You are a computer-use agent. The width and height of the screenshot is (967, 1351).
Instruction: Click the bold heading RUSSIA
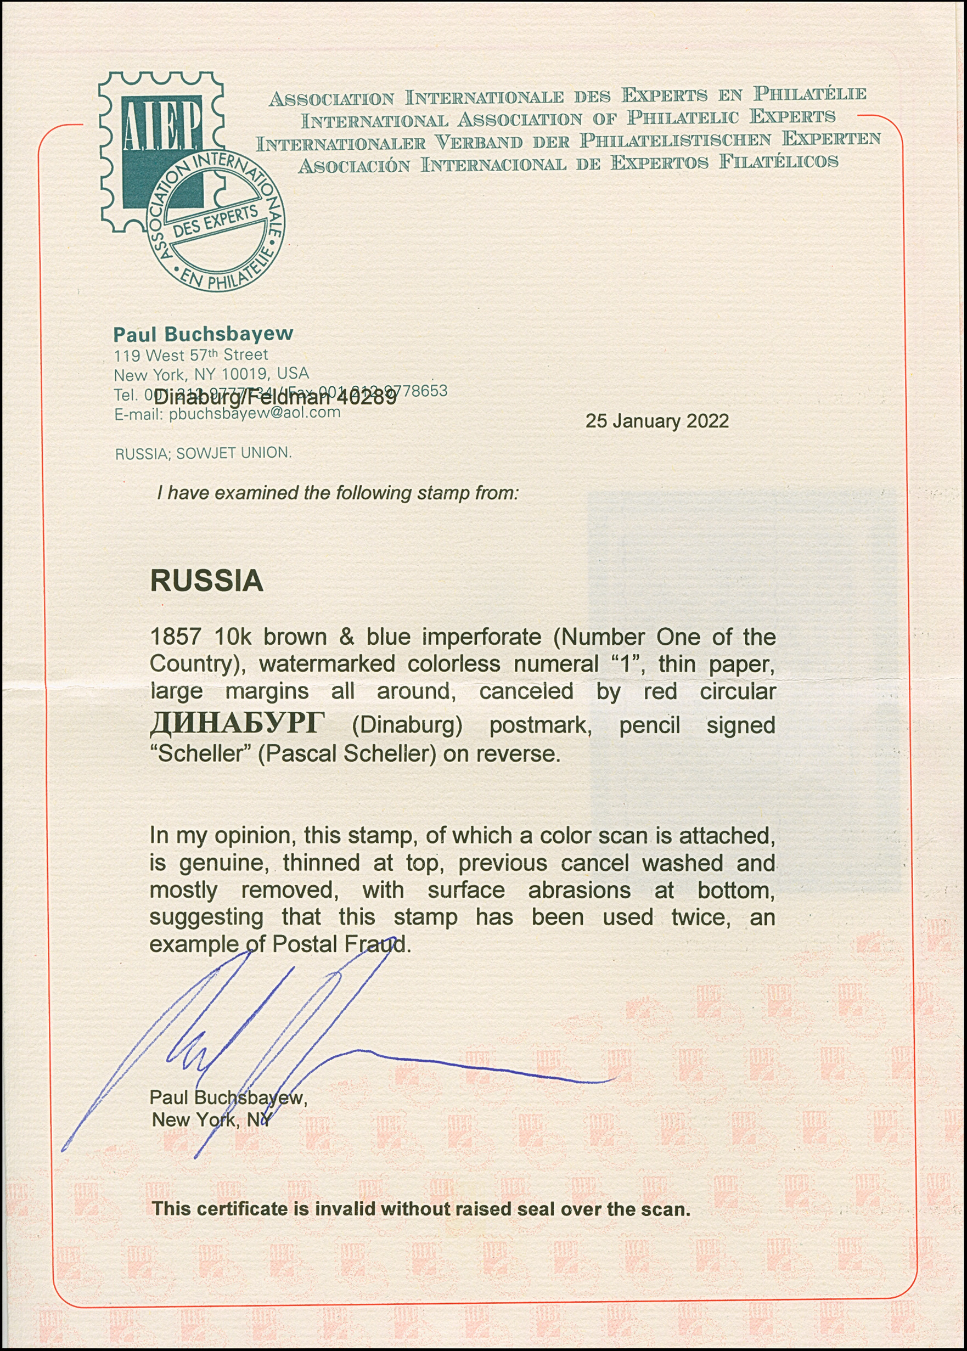206,581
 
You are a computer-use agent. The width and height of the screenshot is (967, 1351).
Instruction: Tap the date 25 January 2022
657,421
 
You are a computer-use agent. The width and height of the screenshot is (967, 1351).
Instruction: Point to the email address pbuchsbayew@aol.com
254,413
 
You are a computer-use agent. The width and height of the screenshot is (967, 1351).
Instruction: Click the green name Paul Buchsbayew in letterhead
203,334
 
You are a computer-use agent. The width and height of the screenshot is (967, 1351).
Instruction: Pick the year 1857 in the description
175,637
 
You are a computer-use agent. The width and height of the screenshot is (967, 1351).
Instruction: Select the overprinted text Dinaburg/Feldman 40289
276,397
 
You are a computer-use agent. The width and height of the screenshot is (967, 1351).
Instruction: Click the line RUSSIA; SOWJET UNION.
203,453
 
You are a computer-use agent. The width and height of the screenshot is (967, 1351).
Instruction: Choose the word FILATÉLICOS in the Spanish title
778,162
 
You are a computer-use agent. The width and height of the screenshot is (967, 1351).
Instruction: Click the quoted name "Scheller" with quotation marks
197,754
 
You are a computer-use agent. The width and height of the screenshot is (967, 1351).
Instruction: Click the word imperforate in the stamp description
481,637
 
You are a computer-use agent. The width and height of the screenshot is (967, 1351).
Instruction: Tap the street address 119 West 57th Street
190,356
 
